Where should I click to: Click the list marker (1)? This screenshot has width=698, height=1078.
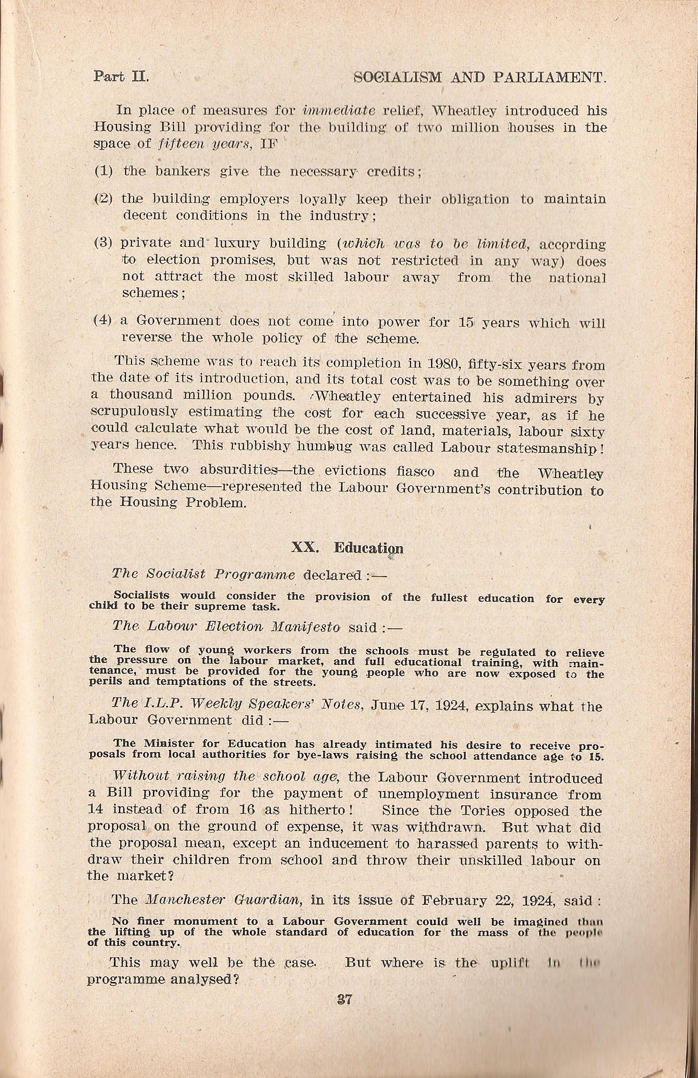tap(103, 172)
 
